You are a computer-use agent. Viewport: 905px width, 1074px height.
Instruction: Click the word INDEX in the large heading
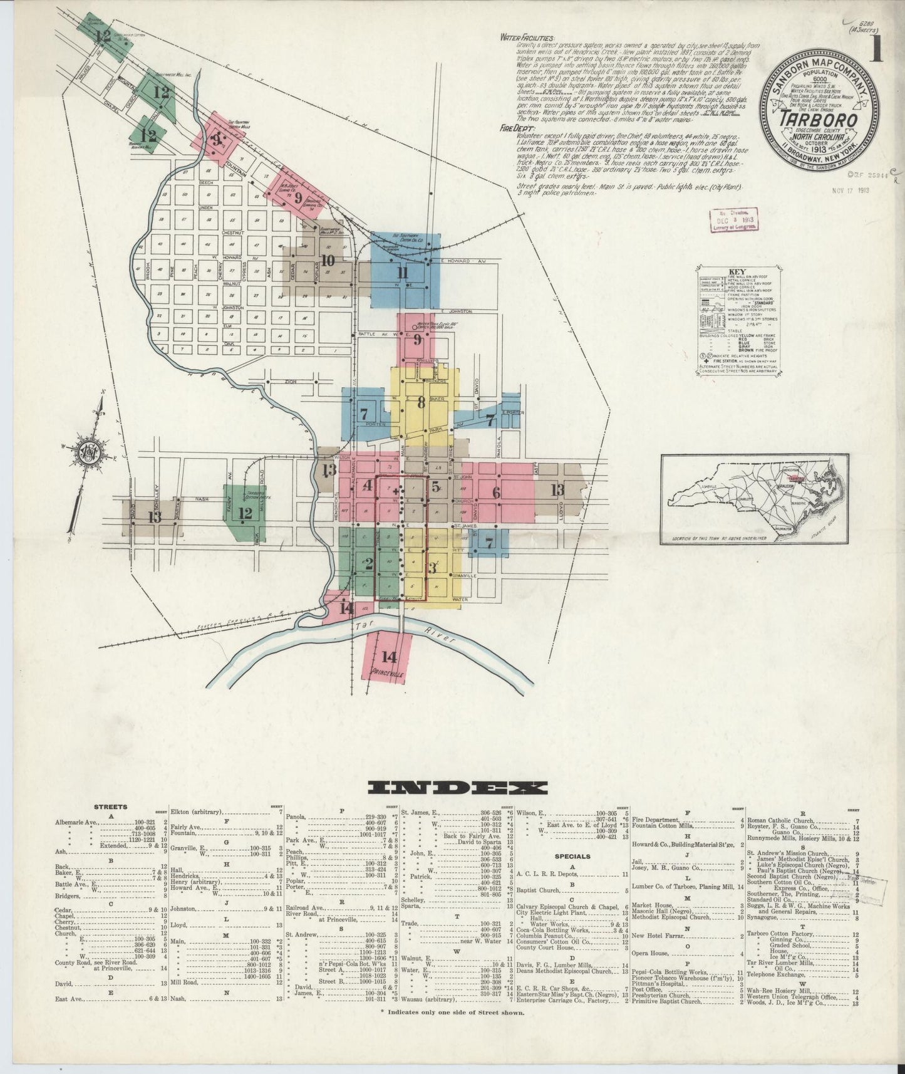tap(458, 788)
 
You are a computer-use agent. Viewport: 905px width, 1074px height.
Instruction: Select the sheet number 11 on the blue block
tap(402, 273)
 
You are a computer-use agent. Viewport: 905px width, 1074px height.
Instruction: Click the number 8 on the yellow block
tap(421, 402)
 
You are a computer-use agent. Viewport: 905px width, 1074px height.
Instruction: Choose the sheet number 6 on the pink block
tap(496, 493)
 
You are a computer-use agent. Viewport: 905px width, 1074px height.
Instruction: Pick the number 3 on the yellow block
tap(432, 568)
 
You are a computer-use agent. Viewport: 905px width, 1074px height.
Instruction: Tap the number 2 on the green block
tap(369, 563)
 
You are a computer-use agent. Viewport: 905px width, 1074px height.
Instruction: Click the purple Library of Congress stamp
tap(733, 221)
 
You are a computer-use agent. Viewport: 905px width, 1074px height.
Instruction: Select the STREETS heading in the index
tap(110, 807)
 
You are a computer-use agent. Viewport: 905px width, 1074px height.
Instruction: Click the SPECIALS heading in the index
tap(572, 855)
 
